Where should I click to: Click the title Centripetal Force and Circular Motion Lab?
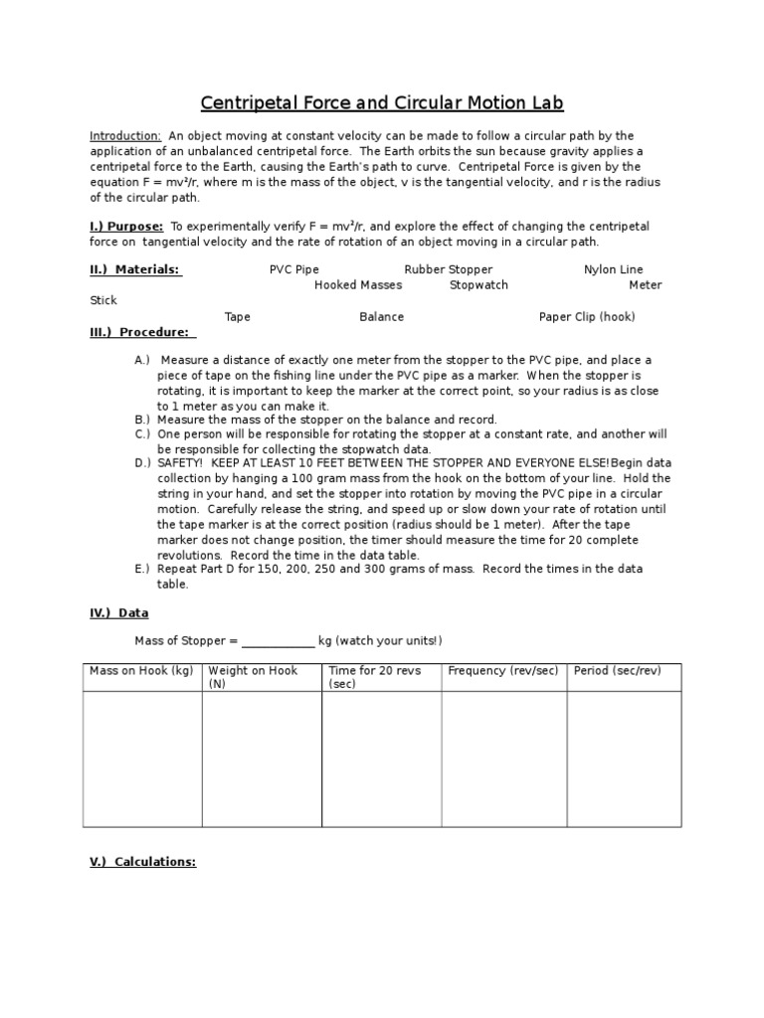point(382,103)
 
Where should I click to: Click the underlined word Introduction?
point(125,135)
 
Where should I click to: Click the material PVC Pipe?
point(294,269)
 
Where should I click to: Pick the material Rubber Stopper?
point(448,269)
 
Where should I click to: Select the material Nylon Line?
point(613,269)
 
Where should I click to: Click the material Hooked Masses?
point(358,285)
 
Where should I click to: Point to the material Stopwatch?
point(478,285)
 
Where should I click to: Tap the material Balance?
point(381,317)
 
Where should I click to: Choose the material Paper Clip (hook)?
point(587,317)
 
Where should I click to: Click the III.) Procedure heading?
point(142,333)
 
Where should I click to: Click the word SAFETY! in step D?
point(180,463)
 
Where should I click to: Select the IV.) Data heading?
point(118,613)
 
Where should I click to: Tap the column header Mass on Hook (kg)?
point(140,671)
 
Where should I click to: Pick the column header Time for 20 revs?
point(374,671)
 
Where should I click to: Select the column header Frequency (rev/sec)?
point(502,671)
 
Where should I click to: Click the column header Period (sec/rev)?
point(617,671)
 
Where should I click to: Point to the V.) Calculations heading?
point(142,862)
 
